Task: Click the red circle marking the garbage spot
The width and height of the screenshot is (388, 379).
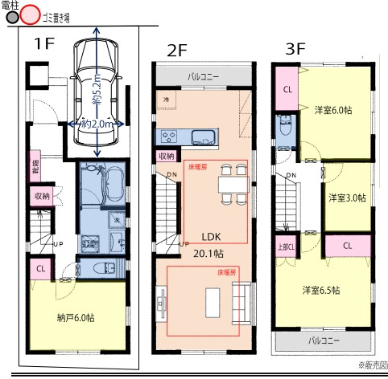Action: [31, 15]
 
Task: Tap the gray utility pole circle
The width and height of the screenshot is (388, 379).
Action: [11, 15]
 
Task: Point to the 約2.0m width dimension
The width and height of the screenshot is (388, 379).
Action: [97, 124]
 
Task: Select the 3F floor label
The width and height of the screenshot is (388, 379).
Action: [295, 48]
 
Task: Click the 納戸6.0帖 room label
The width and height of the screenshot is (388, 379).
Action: [76, 318]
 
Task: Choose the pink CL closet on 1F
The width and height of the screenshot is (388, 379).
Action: [40, 267]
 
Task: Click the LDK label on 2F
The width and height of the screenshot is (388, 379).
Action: [212, 238]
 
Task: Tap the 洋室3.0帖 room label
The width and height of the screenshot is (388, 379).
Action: [348, 197]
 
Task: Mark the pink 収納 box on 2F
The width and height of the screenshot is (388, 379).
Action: [166, 156]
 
